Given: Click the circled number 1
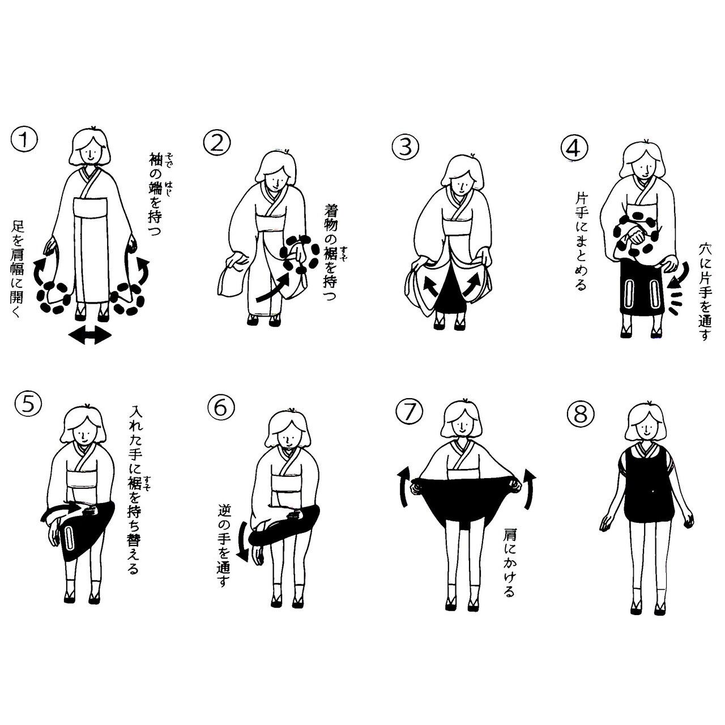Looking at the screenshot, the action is pyautogui.click(x=24, y=139).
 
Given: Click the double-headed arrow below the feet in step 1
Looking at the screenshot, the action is pyautogui.click(x=90, y=335).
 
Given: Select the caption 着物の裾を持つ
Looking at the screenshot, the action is pyautogui.click(x=331, y=251).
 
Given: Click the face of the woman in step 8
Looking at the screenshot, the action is pyautogui.click(x=646, y=427).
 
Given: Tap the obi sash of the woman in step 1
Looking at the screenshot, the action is pyautogui.click(x=91, y=207).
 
